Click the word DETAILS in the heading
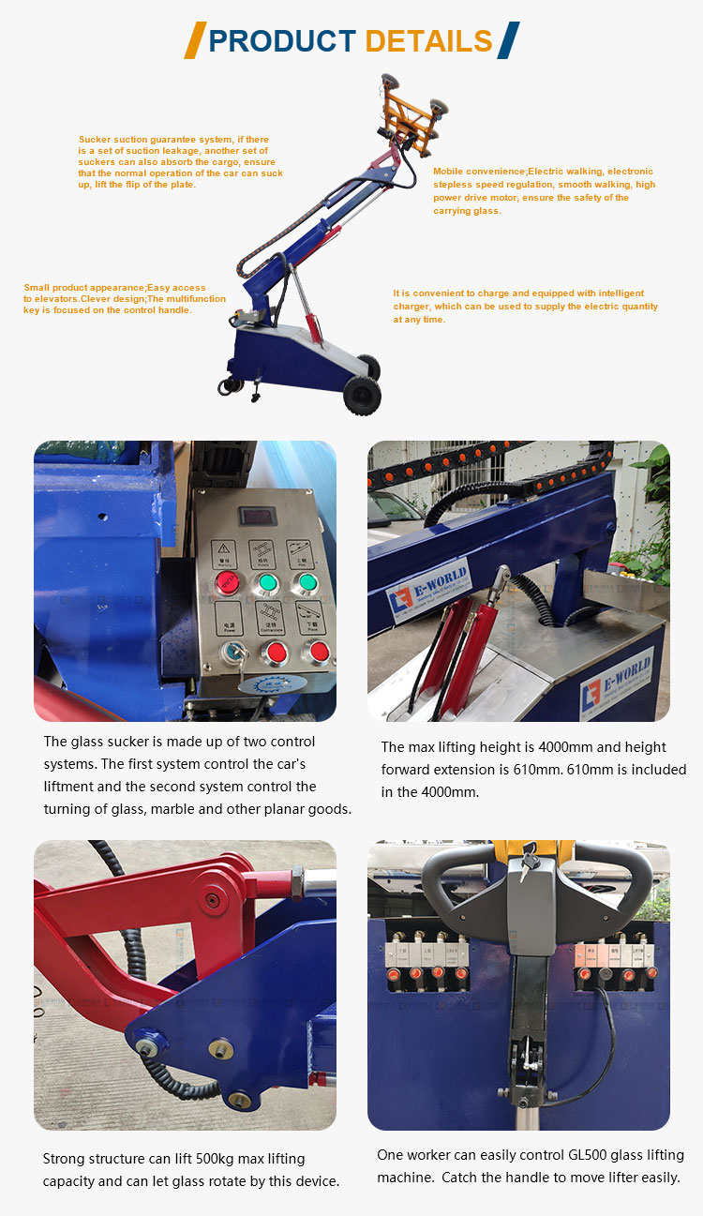428,41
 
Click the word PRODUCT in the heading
282,41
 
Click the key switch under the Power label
228,654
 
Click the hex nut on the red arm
296,882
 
